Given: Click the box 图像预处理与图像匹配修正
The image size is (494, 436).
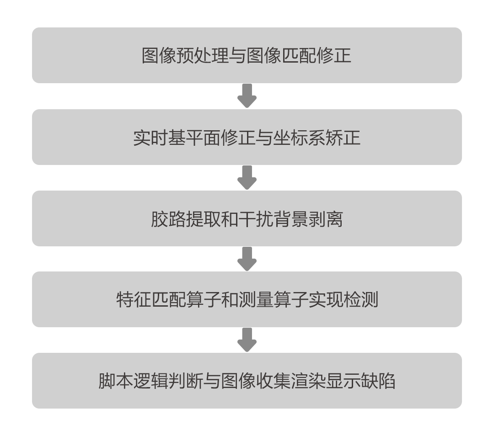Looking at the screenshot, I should click(x=247, y=55).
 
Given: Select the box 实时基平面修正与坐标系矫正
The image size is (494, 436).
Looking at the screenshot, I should click(x=247, y=137).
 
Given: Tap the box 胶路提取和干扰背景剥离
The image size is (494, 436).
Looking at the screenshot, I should click(x=247, y=218).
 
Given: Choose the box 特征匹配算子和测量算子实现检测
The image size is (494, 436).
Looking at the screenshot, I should click(x=247, y=299).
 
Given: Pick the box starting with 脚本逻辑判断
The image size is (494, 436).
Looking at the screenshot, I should click(x=247, y=380).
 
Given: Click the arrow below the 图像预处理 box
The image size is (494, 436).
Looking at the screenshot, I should click(x=247, y=96).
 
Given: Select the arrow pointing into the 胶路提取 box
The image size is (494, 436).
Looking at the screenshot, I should click(x=247, y=177).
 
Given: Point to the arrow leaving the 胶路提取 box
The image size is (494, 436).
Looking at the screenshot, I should click(x=247, y=259).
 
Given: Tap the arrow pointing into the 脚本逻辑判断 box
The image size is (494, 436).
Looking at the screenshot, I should click(x=247, y=340).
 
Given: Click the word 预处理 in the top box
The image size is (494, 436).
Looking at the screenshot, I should click(x=203, y=56).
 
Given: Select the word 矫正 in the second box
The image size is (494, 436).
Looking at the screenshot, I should click(x=343, y=138).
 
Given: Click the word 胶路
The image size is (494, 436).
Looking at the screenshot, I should click(x=168, y=219).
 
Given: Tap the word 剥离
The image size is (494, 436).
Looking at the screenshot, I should click(x=325, y=219).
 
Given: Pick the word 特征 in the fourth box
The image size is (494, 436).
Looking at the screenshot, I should click(x=134, y=300).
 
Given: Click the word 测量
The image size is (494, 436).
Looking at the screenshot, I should click(x=256, y=300).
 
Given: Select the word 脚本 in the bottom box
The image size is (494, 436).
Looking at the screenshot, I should click(x=116, y=381).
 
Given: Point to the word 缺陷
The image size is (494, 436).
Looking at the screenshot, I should click(x=378, y=381).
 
